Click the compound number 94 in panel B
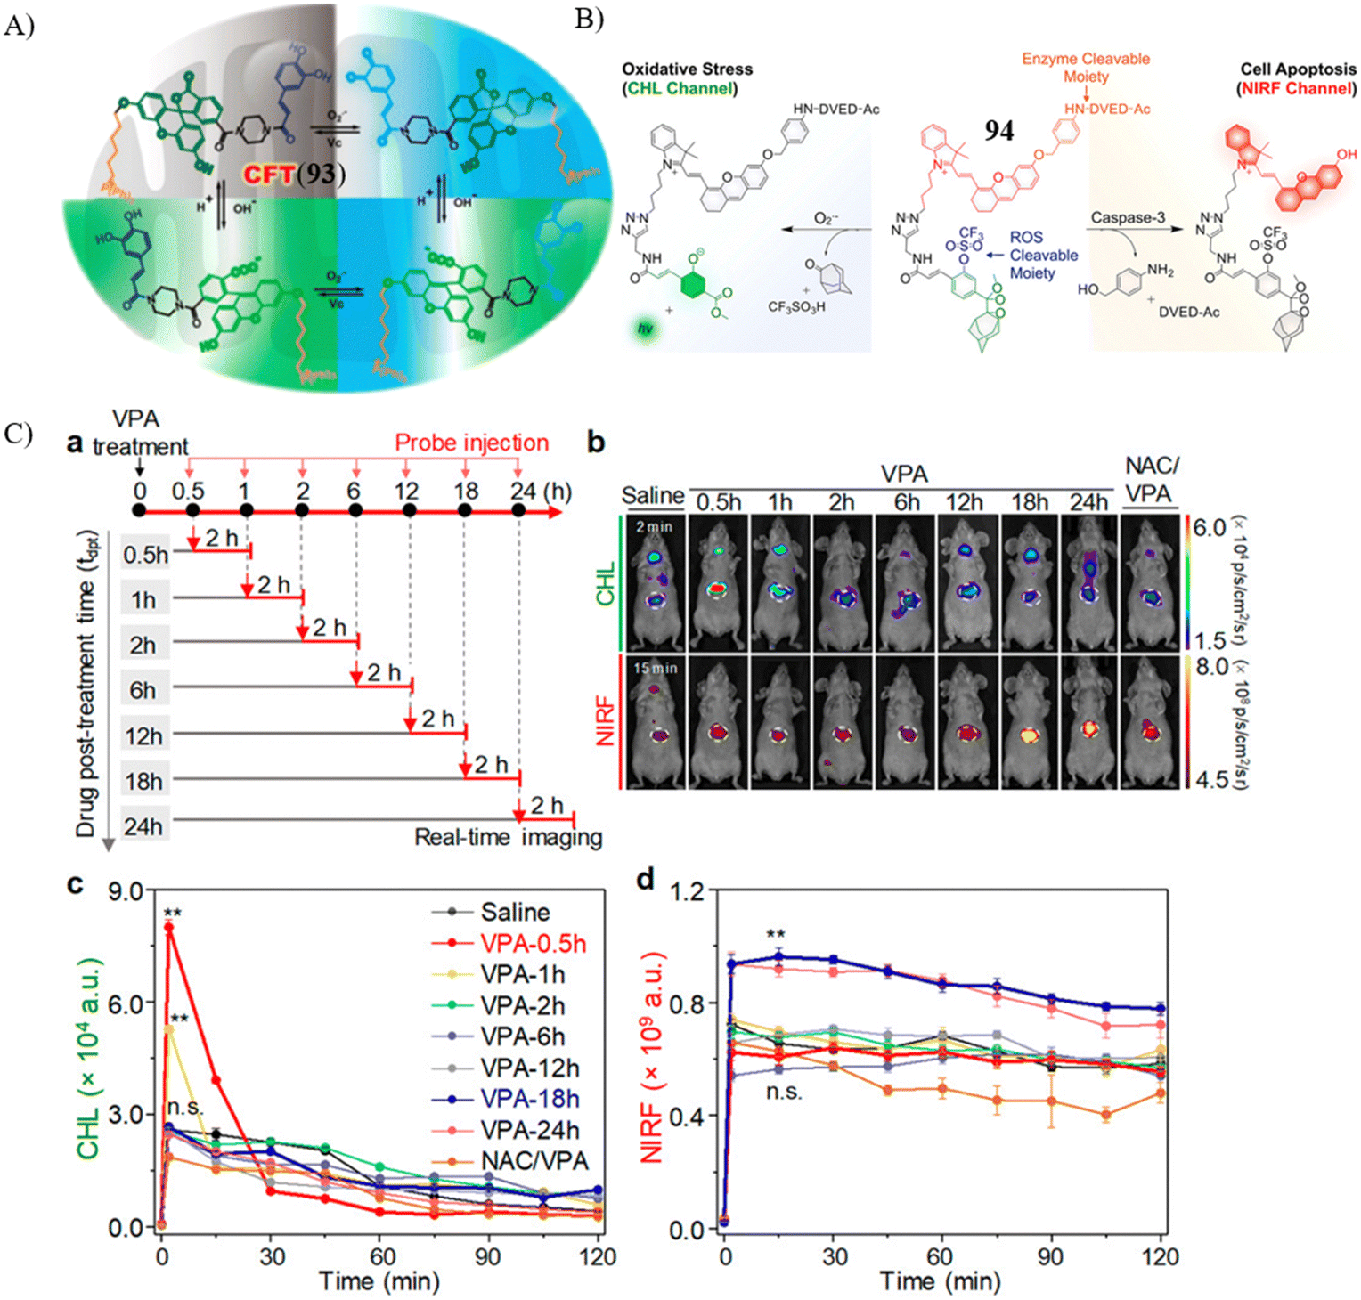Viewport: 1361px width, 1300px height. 998,131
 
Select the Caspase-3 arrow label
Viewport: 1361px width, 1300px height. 1128,217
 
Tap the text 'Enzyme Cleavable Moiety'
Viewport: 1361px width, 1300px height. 1085,68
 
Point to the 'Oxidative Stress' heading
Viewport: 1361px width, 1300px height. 687,69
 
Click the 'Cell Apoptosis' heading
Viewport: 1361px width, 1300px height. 1298,69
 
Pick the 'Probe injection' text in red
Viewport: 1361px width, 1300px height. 471,443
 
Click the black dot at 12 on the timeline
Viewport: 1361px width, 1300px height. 410,510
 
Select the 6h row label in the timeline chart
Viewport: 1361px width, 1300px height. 143,691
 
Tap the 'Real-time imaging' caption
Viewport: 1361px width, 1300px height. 508,837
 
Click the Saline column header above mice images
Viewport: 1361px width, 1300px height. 653,496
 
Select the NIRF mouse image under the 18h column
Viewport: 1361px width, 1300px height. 1029,722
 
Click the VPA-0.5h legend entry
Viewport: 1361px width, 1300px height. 533,943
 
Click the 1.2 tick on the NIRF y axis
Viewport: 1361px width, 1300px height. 686,890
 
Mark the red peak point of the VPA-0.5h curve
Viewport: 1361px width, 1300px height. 168,927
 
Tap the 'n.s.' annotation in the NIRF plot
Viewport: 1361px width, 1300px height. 784,1092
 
